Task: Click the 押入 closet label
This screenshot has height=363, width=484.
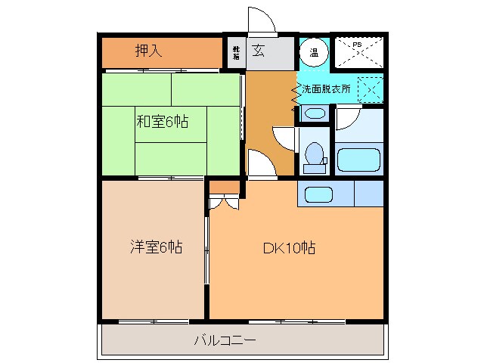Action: [149, 51]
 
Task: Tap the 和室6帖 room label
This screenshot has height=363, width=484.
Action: [162, 121]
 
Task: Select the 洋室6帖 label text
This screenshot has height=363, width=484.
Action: [155, 247]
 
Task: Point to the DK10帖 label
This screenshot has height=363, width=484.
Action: [289, 248]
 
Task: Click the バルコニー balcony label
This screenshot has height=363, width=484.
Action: [225, 340]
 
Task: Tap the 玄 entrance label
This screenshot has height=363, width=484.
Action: [259, 51]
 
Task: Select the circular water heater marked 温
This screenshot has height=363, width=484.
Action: [314, 52]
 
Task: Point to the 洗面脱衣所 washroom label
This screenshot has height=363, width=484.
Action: [326, 88]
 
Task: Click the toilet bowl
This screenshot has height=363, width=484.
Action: [314, 154]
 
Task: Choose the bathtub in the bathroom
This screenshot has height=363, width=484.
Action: [358, 160]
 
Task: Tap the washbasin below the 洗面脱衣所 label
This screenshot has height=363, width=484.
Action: [313, 114]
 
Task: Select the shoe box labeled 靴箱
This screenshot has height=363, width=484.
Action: [236, 52]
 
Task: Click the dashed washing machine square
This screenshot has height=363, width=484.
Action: [369, 88]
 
